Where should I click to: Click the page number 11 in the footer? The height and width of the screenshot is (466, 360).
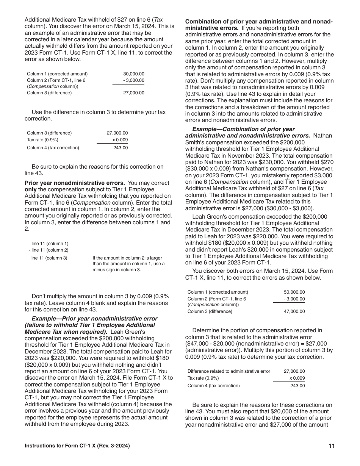click(x=332, y=446)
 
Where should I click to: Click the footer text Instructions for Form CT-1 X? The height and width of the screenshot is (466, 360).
click(x=77, y=446)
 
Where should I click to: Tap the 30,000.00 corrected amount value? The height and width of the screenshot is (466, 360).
click(x=134, y=74)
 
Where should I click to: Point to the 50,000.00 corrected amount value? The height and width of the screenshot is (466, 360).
click(x=294, y=292)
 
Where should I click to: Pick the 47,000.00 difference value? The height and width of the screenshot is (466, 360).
click(x=294, y=311)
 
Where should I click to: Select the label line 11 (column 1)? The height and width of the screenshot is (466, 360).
click(x=50, y=244)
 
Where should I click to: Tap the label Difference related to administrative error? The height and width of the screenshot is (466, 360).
click(x=229, y=371)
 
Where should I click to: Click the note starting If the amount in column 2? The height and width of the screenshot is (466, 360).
click(x=128, y=264)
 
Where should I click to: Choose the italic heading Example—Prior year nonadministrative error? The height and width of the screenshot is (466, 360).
click(x=94, y=319)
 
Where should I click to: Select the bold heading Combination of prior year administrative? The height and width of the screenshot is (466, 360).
click(x=259, y=22)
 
